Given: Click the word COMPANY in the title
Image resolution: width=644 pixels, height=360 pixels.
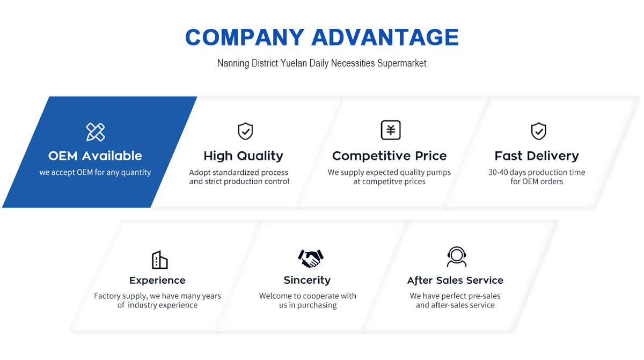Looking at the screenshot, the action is coord(245,38).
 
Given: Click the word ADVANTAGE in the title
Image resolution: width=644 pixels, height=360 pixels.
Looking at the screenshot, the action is coord(385,38).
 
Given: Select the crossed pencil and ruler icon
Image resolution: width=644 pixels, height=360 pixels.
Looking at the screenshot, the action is coord(96,132).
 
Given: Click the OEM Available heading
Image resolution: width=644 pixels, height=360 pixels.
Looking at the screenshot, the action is coord(95,156).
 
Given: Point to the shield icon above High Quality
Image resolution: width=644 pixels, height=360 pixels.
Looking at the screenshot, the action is coord(245,131).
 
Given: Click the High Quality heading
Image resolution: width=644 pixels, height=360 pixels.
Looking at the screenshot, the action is coord(243,156).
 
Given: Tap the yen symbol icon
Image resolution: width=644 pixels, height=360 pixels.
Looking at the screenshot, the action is coord(391,130).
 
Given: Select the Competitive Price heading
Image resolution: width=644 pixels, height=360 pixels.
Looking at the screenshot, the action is coord(389,156).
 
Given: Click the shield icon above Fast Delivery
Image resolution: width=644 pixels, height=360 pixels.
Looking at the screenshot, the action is coord(538,131).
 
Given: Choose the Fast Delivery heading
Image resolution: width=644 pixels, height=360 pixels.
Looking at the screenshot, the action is coord(537,156).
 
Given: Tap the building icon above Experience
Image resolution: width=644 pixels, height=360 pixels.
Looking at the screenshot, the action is coord(159,260).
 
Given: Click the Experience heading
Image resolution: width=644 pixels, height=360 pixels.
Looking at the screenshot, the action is coord(157,280).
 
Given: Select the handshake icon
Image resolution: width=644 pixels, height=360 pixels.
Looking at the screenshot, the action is coord(311,258).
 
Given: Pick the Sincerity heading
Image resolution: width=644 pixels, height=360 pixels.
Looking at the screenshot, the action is coord(307,280).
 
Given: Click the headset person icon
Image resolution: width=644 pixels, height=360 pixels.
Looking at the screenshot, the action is coord(457,256).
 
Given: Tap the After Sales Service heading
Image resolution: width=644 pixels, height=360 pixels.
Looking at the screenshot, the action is coord(455,280).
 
